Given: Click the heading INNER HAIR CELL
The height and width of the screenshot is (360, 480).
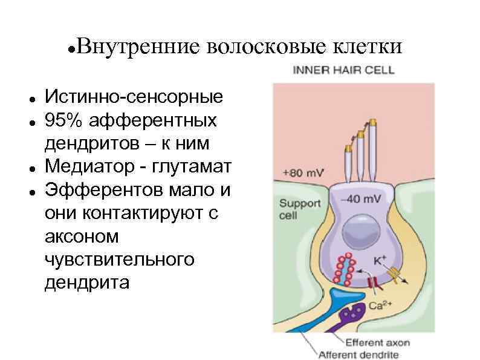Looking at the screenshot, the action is point(343,70).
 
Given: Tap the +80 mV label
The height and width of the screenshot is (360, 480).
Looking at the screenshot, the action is point(303,172).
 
